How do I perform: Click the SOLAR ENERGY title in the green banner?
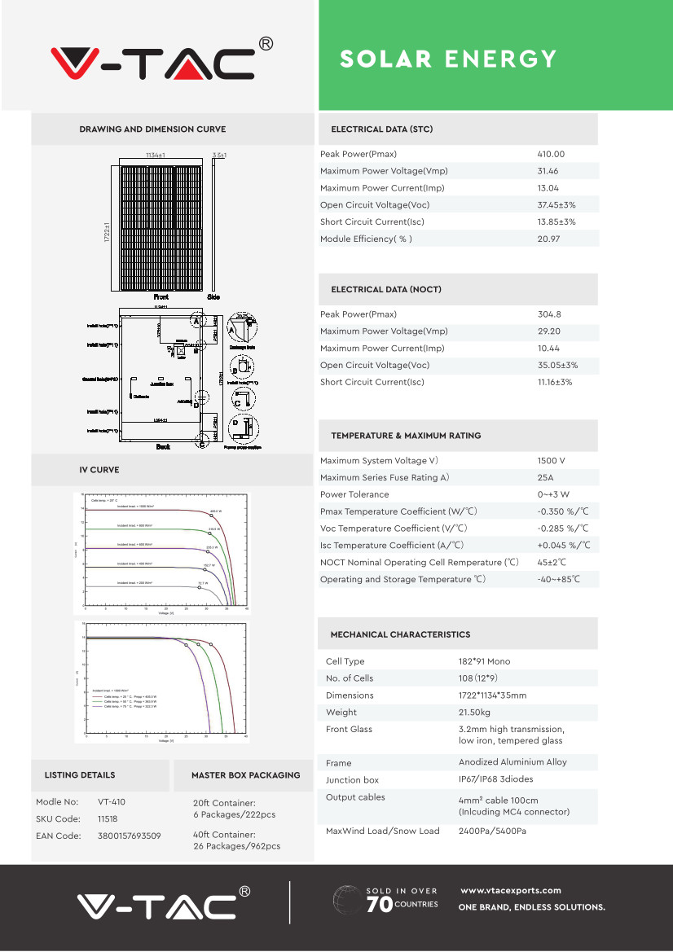pyautogui.click(x=448, y=59)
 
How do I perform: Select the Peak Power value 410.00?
pyautogui.click(x=551, y=154)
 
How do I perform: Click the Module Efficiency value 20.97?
pyautogui.click(x=548, y=239)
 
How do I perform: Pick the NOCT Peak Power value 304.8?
pyautogui.click(x=549, y=314)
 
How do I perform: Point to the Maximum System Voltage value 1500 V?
pyautogui.click(x=552, y=461)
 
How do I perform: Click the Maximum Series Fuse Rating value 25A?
pyautogui.click(x=545, y=477)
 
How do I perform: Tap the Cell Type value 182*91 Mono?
pyautogui.click(x=484, y=661)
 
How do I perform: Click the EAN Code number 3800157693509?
pyautogui.click(x=129, y=836)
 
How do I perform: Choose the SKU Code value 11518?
pyautogui.click(x=108, y=818)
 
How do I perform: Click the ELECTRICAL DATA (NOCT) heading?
pyautogui.click(x=386, y=290)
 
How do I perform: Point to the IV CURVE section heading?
pyautogui.click(x=99, y=470)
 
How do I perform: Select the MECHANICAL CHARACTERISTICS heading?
pyautogui.click(x=400, y=634)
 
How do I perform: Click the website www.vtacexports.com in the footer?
pyautogui.click(x=511, y=890)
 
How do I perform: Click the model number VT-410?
pyautogui.click(x=112, y=801)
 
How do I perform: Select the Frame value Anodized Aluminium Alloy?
pyautogui.click(x=512, y=762)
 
